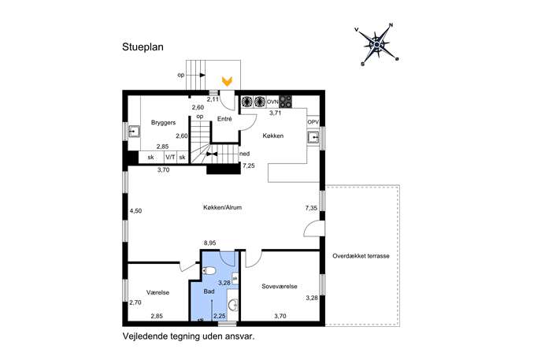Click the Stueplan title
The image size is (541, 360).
[143, 47]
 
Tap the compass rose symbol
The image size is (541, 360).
[376, 45]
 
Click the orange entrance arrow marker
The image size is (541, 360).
[227, 81]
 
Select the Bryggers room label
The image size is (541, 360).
[163, 123]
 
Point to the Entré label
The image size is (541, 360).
[224, 119]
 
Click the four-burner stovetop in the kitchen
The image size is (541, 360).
[285, 102]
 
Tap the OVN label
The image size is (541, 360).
[272, 102]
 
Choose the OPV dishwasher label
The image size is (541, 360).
[313, 122]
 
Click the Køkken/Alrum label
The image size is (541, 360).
[223, 207]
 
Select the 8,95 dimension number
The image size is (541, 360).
[209, 243]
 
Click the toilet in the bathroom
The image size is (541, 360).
[209, 271]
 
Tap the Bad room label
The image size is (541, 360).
[209, 291]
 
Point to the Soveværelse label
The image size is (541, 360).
[280, 287]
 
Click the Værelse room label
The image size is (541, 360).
[157, 292]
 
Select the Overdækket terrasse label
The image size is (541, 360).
[361, 256]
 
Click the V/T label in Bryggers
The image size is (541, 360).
[170, 158]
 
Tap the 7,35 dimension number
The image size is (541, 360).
[311, 208]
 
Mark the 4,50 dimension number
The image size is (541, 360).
[135, 211]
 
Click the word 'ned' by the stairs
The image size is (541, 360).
[245, 154]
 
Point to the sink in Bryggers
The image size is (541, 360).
[134, 132]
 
